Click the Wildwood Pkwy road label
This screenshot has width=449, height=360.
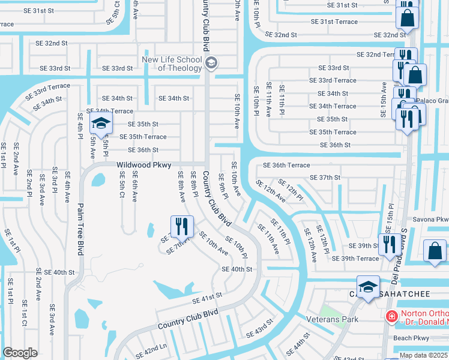144,164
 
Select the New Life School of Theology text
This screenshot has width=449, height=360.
172,63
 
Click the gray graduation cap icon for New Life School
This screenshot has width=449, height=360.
211,63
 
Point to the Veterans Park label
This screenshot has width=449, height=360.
332,319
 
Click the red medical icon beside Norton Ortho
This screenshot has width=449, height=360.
391,316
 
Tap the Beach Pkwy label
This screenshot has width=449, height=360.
411,338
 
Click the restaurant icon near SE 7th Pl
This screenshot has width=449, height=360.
180,227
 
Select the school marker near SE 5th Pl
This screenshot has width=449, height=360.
101,124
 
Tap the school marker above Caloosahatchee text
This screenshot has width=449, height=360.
368,286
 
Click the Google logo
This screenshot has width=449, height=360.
20,353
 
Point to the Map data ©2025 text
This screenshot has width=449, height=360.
424,355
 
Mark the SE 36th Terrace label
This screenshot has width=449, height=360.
286,165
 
